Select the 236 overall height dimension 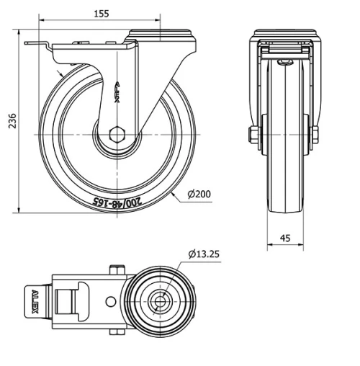[10, 122]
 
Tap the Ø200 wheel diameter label [199, 194]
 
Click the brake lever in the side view [40, 48]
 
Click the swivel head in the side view [162, 35]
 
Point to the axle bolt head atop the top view [115, 271]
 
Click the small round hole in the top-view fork [110, 303]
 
